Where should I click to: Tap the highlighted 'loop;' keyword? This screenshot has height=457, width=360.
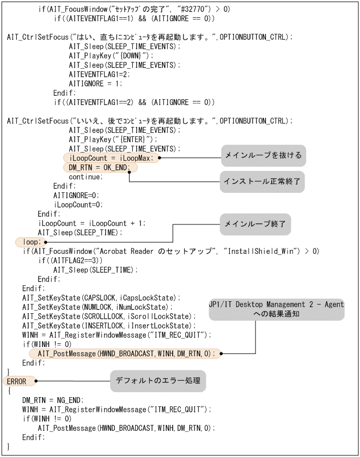pos(28,241)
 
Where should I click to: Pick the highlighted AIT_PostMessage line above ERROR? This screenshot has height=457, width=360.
pos(126,353)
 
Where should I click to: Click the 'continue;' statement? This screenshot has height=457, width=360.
pos(85,177)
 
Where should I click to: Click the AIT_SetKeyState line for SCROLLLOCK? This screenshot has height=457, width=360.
pos(108,316)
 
